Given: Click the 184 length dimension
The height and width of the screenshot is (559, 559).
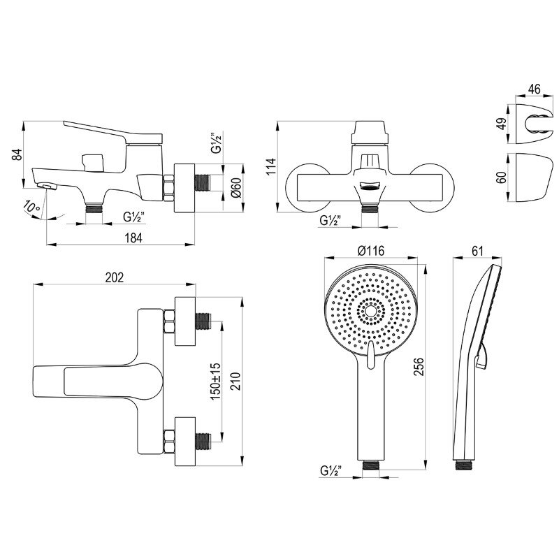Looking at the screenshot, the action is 133,238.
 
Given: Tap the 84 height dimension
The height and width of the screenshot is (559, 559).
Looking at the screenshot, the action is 17,154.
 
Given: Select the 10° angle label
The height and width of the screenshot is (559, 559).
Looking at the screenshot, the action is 31,208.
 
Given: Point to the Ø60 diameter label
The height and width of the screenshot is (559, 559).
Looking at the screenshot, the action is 236,187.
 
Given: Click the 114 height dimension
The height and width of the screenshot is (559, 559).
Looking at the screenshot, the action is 271,166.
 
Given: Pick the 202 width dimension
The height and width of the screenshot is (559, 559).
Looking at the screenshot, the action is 115,277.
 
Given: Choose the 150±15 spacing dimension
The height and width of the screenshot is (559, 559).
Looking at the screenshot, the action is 216,381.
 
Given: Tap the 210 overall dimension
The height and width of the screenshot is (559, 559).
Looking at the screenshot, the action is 235,381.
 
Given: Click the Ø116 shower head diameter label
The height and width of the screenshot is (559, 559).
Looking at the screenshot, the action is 371,251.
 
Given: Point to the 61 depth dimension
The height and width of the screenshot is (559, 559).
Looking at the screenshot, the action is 477,251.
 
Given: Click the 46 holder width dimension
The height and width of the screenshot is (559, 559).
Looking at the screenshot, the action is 534,89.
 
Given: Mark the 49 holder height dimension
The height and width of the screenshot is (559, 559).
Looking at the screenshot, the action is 502,124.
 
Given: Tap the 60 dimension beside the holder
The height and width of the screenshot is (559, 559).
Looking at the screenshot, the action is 502,177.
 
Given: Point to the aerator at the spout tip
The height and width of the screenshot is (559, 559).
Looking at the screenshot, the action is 47,186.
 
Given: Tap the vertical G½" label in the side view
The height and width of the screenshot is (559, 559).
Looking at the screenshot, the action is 217,143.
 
